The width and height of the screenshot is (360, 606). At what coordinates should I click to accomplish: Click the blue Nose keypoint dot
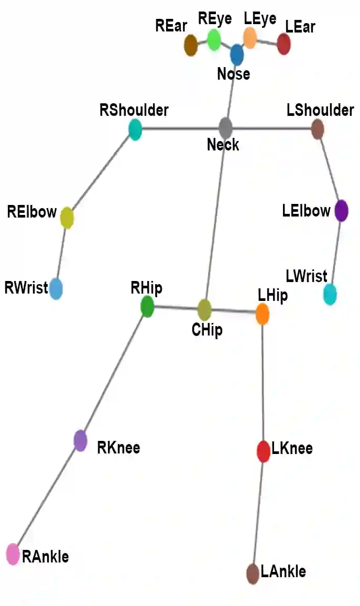[237, 55]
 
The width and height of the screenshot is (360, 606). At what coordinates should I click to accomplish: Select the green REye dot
[214, 40]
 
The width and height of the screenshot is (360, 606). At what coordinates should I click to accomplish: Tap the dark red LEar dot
[283, 45]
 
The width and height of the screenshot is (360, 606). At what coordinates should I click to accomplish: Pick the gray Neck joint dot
[225, 128]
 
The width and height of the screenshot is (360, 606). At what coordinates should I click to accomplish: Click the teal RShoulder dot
[135, 129]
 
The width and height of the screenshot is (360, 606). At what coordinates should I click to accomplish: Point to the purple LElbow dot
[341, 211]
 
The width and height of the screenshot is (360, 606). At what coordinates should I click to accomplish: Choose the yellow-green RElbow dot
[67, 218]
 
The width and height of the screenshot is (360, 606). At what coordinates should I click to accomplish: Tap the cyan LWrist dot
[330, 295]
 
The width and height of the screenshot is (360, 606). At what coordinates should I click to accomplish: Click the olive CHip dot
[204, 310]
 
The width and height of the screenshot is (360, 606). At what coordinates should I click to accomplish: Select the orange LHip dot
[263, 314]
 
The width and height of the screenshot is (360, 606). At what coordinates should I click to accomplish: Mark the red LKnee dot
[263, 451]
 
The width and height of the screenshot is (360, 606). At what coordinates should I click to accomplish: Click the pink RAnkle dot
[13, 555]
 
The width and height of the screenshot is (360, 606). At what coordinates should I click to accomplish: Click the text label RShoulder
[134, 111]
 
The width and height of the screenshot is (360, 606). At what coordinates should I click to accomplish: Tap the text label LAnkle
[283, 571]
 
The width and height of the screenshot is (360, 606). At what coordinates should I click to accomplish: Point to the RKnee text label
[118, 448]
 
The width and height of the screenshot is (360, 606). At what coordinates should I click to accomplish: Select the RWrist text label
[26, 287]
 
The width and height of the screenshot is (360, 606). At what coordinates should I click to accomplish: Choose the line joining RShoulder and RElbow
[101, 174]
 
